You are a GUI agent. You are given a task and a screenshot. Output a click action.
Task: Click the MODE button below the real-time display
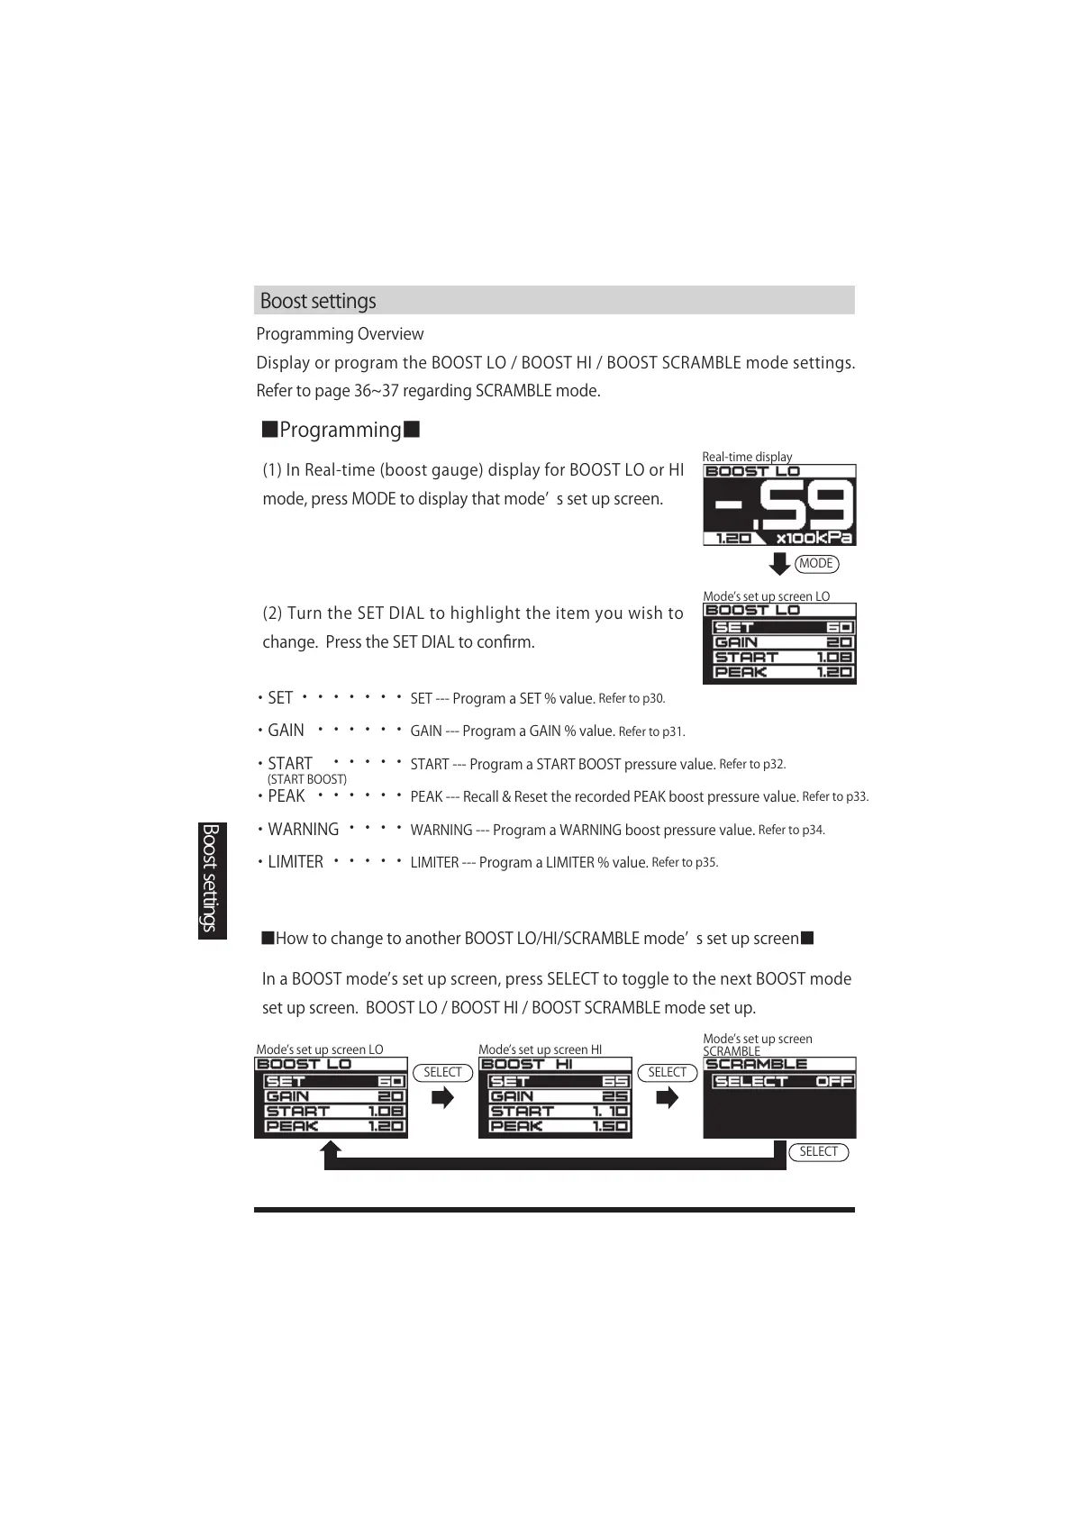pyautogui.click(x=816, y=564)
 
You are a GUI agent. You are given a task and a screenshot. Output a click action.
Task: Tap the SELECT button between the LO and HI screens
pyautogui.click(x=442, y=1072)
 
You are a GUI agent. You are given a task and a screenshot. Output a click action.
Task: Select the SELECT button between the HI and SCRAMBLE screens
pyautogui.click(x=667, y=1072)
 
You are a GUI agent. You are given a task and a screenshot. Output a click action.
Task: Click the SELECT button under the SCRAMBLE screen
pyautogui.click(x=818, y=1152)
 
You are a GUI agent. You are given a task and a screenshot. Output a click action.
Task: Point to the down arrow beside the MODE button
pyautogui.click(x=779, y=563)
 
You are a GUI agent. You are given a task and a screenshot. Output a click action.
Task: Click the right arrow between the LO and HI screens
pyautogui.click(x=442, y=1098)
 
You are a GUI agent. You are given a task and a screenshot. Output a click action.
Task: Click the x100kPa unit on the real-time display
pyautogui.click(x=814, y=538)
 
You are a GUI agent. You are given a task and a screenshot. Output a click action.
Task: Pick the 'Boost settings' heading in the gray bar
pyautogui.click(x=318, y=301)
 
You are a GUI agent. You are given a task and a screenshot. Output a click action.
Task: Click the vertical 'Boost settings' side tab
pyautogui.click(x=212, y=877)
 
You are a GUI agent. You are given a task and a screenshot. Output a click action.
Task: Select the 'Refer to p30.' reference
pyautogui.click(x=632, y=698)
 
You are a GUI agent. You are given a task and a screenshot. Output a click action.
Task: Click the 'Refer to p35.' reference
pyautogui.click(x=685, y=862)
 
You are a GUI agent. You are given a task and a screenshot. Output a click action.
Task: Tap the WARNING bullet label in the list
pyautogui.click(x=303, y=830)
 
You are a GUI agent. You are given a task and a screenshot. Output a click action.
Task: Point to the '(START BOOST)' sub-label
pyautogui.click(x=307, y=779)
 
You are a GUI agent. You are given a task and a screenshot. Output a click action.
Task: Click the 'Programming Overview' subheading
pyautogui.click(x=340, y=334)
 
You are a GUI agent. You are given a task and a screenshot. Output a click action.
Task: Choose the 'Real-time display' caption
pyautogui.click(x=747, y=457)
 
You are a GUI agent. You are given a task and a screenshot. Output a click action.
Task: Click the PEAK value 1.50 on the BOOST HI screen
pyautogui.click(x=609, y=1126)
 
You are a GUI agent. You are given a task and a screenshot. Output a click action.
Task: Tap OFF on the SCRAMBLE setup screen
pyautogui.click(x=834, y=1081)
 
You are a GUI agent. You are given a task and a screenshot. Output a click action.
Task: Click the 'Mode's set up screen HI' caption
pyautogui.click(x=540, y=1049)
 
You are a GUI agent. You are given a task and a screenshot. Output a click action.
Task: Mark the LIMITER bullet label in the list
pyautogui.click(x=296, y=862)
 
